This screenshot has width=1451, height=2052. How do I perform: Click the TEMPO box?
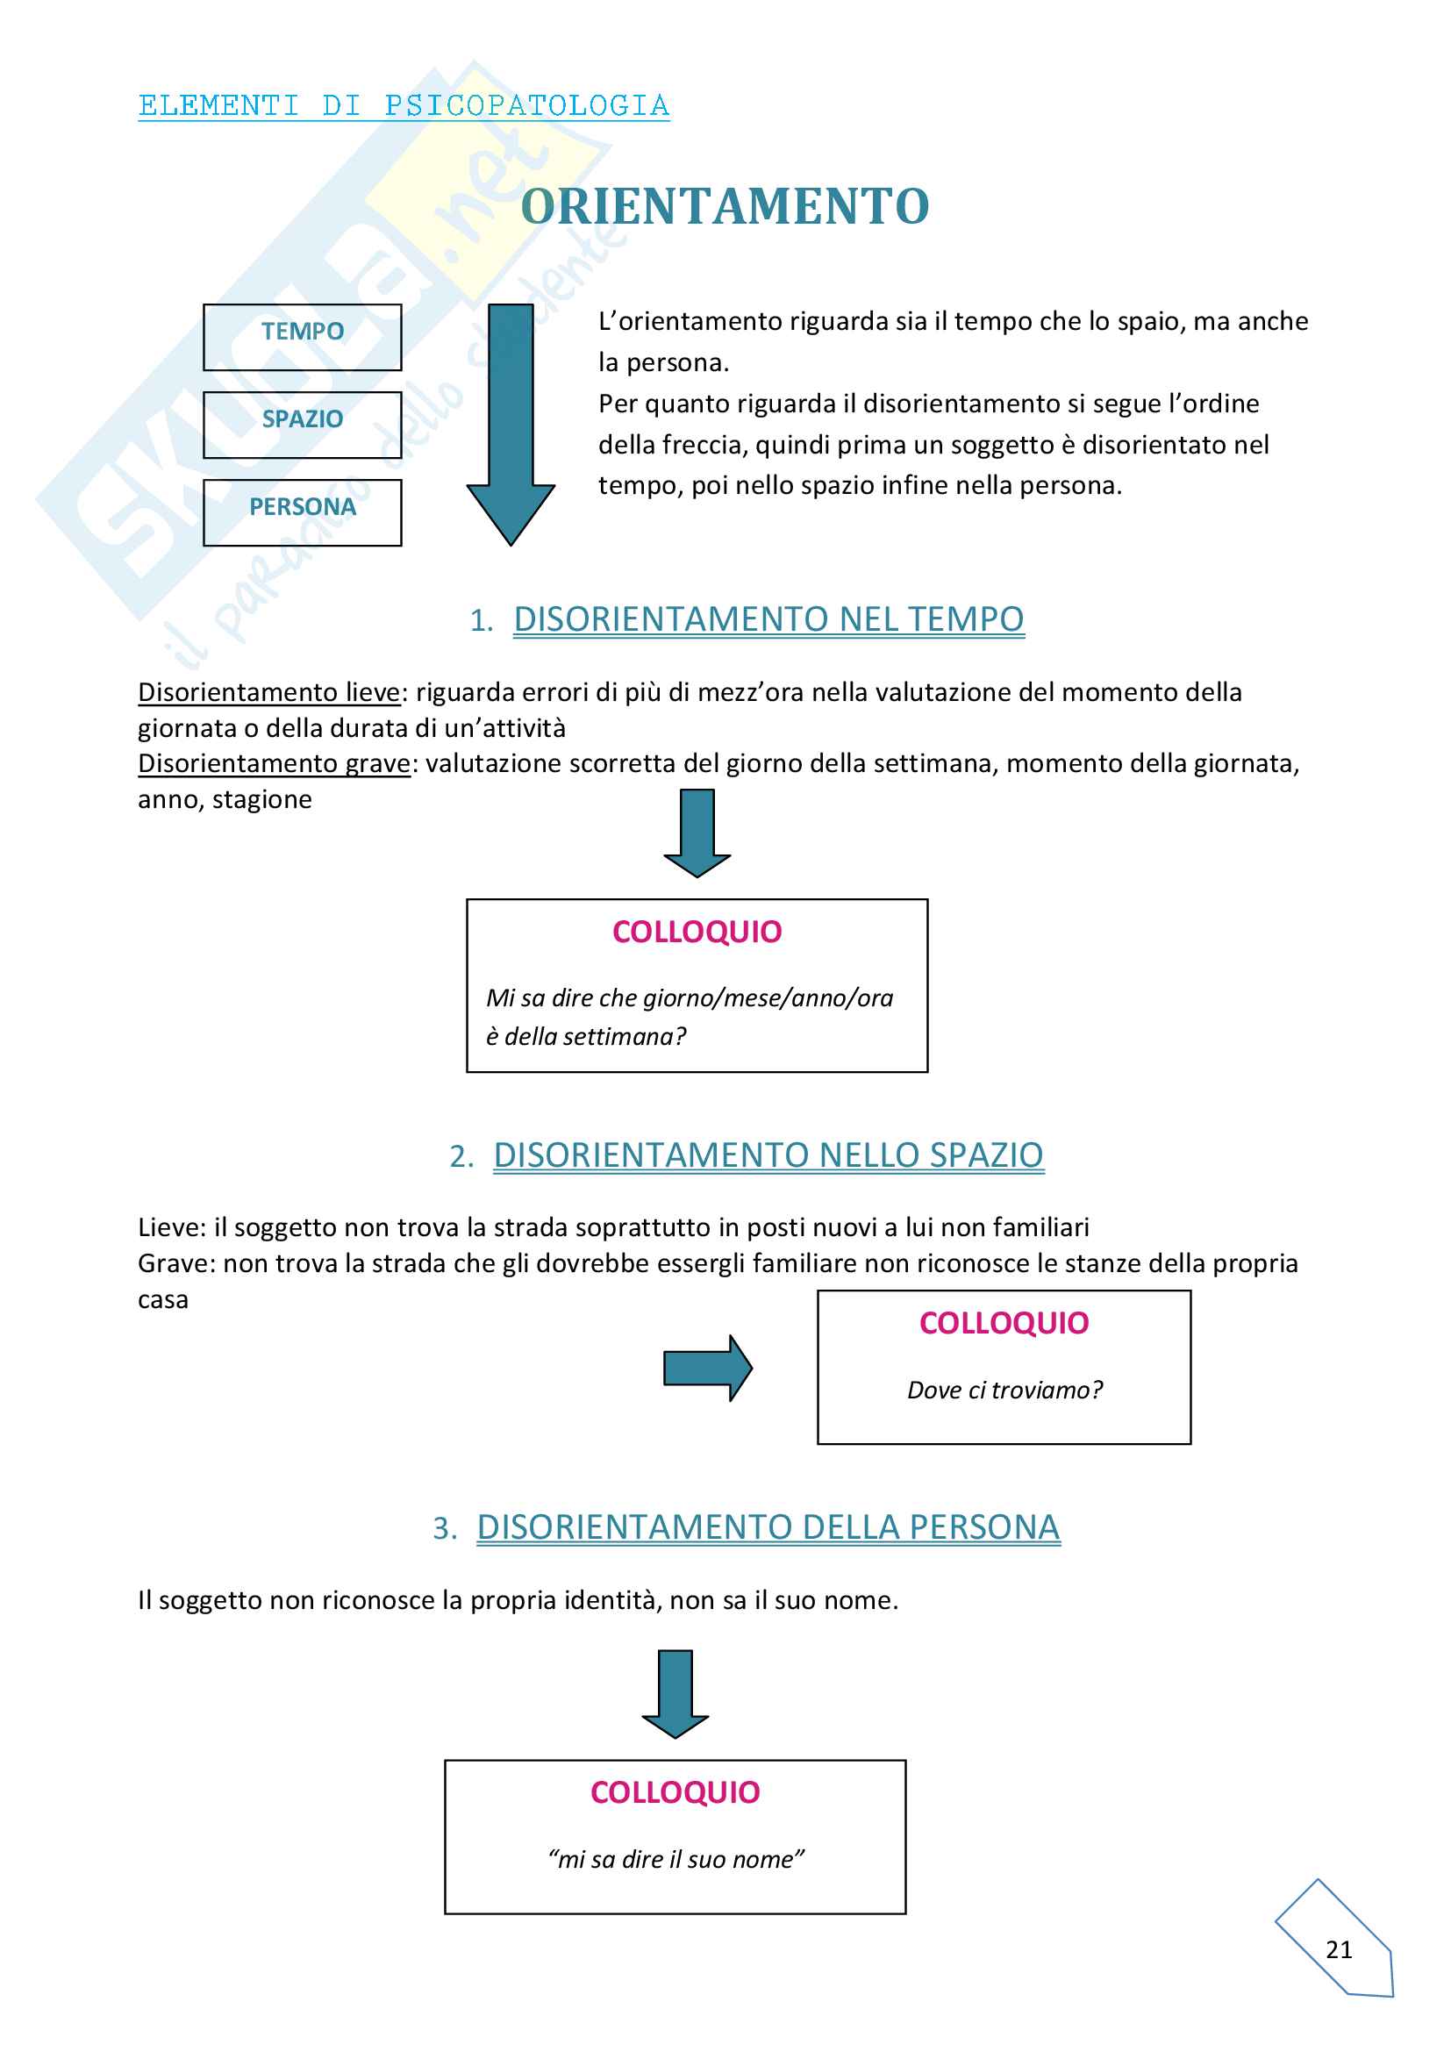302,337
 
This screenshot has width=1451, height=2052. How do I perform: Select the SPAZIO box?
302,425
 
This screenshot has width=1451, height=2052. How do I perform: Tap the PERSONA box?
302,512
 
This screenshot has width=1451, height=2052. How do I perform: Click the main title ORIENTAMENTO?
725,206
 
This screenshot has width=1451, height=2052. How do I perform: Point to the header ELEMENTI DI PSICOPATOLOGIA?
404,105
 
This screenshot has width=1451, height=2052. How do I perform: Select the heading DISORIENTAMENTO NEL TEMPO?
768,619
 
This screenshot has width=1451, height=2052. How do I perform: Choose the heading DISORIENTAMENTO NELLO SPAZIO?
768,1155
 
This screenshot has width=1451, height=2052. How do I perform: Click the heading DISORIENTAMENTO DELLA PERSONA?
768,1526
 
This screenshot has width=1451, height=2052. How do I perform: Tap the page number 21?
1339,1949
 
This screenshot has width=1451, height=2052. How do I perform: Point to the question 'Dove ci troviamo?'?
1004,1390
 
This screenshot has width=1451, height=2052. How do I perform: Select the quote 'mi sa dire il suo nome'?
675,1859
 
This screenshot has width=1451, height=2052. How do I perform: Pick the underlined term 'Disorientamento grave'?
274,763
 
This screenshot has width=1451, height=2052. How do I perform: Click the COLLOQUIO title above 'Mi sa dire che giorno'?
697,932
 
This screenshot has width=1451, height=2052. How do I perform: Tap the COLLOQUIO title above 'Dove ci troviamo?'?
1004,1323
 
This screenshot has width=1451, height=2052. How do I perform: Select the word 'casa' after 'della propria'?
162,1299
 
